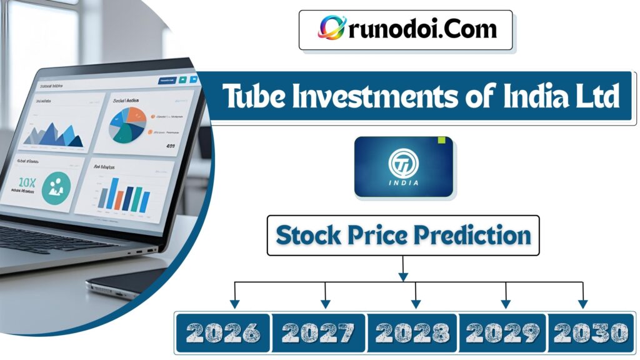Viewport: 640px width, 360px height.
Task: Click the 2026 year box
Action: pyautogui.click(x=223, y=332)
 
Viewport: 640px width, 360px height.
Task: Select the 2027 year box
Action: pyautogui.click(x=319, y=332)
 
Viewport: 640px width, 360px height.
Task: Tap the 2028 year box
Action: pyautogui.click(x=412, y=332)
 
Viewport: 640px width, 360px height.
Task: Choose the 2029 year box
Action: pyautogui.click(x=503, y=332)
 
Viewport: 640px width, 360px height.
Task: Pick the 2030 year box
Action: pyautogui.click(x=590, y=332)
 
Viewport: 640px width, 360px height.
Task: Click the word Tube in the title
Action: pyautogui.click(x=251, y=97)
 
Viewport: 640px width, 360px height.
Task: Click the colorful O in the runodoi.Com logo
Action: pyautogui.click(x=331, y=28)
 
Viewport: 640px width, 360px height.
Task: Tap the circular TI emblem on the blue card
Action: pyautogui.click(x=403, y=162)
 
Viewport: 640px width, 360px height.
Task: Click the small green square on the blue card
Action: pyautogui.click(x=442, y=140)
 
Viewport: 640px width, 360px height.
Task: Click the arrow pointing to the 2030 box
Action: pyautogui.click(x=582, y=302)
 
